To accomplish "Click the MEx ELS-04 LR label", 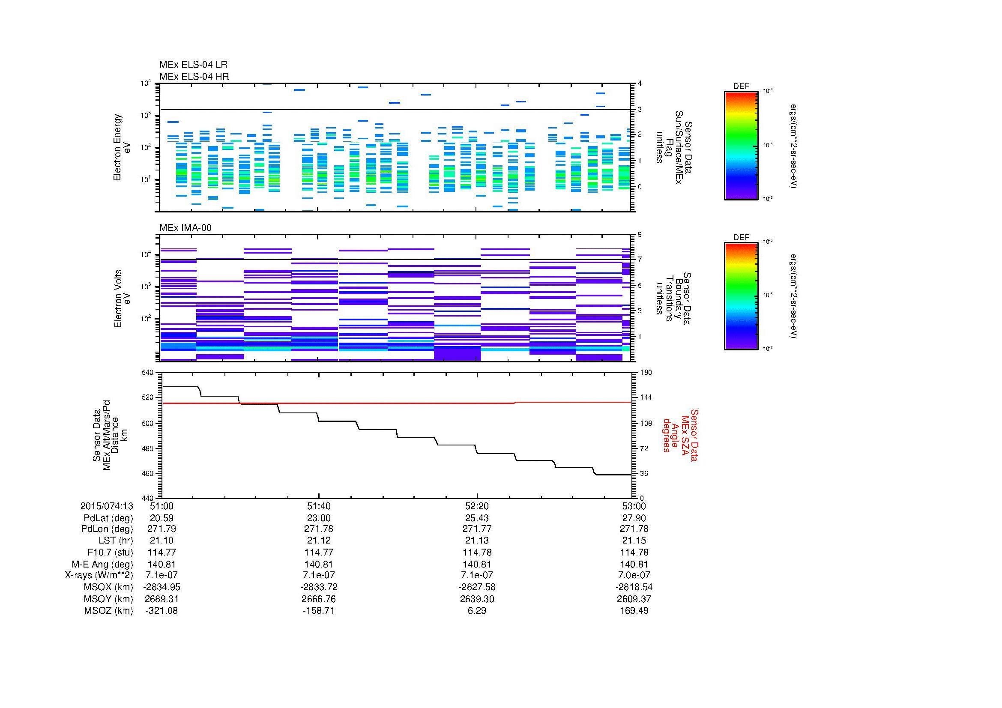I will click(193, 65).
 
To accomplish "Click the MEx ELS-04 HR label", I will click(194, 76).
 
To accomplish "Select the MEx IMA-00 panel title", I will click(185, 228).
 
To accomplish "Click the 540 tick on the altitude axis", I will click(148, 372).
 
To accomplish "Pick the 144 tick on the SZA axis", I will click(646, 397).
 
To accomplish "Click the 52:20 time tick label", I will click(476, 506).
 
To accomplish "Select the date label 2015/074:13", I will click(107, 506).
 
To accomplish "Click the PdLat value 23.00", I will click(319, 518).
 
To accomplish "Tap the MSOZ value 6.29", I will click(476, 611).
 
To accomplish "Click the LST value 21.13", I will click(476, 541).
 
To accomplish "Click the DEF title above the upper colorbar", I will click(741, 87).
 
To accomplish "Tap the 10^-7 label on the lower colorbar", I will click(767, 349).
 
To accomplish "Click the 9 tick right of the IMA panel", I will click(640, 234).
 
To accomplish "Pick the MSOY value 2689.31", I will click(162, 599).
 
